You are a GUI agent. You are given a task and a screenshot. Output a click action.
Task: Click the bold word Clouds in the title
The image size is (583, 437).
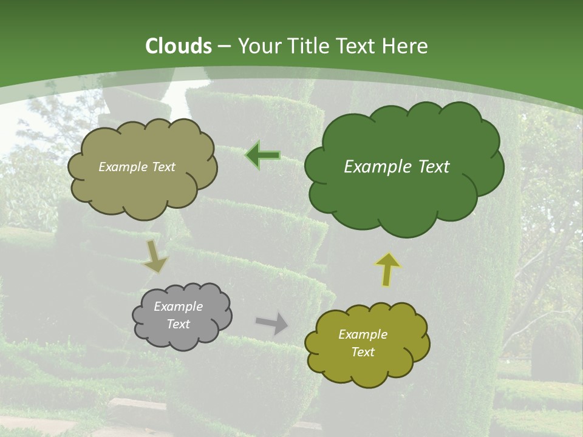178,46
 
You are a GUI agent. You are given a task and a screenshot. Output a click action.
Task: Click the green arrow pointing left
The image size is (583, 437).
263,156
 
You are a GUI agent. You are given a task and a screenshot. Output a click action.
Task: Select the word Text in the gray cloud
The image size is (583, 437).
179,324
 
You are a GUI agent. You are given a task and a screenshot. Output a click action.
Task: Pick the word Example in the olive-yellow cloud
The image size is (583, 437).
363,334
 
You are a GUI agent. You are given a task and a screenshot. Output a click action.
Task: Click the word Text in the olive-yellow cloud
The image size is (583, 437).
363,352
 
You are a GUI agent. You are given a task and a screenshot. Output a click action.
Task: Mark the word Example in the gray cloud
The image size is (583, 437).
179,307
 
